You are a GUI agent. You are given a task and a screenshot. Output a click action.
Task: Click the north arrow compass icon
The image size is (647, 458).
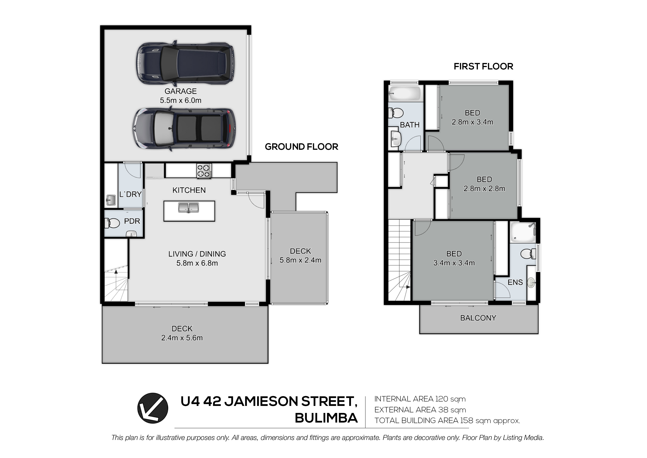(x=153, y=408)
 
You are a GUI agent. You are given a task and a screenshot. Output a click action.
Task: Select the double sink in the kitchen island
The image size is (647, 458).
(x=188, y=207)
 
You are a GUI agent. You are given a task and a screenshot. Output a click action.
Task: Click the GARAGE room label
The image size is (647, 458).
(x=181, y=91)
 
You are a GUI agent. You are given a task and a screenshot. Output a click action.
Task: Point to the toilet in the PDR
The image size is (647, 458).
(x=112, y=223)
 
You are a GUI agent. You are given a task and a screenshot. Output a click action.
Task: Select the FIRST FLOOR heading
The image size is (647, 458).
(x=484, y=66)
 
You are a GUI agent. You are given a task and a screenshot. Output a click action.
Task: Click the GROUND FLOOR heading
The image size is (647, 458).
(x=302, y=147)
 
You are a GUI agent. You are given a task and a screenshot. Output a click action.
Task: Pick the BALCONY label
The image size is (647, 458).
(x=478, y=318)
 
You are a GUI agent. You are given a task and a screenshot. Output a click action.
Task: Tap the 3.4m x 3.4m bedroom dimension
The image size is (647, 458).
(x=454, y=263)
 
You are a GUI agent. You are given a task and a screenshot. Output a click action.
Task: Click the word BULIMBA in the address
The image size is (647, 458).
(x=326, y=418)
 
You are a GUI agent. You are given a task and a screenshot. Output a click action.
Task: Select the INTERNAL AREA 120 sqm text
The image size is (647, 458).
(x=420, y=399)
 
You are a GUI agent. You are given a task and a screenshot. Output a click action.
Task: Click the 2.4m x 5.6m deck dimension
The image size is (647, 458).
(x=182, y=338)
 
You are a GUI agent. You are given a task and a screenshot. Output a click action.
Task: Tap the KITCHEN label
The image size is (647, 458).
(x=189, y=190)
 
